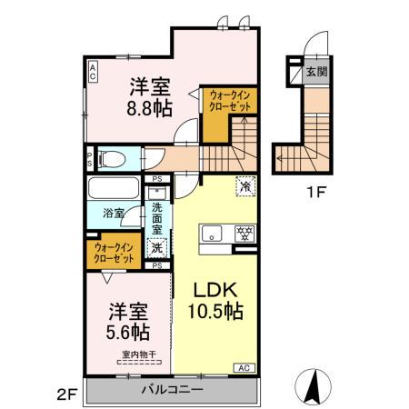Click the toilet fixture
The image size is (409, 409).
click(113, 156)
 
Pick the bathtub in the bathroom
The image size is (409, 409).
click(113, 191)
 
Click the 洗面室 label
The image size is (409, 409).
click(156, 219)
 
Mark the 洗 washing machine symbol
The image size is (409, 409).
click(156, 247)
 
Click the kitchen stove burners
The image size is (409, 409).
click(243, 231)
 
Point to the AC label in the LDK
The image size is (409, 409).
click(244, 367)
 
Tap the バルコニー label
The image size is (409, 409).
click(170, 390)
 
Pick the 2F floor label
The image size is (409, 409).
click(66, 393)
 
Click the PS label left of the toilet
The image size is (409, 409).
click(88, 157)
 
